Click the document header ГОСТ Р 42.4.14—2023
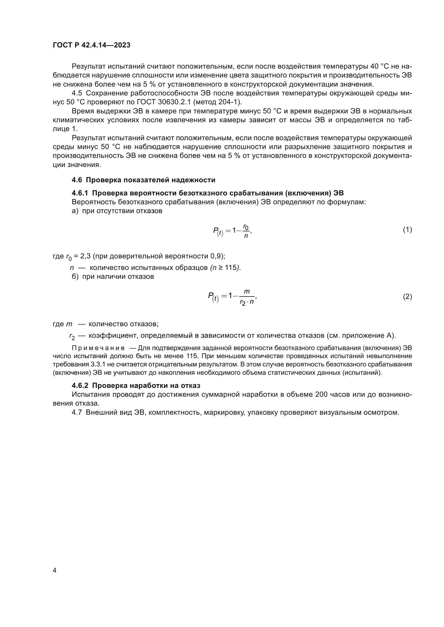92,45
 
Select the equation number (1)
407,230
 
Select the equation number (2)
407,296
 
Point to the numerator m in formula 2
247,292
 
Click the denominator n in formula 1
246,236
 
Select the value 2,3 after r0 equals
86,256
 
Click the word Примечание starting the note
98,348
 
